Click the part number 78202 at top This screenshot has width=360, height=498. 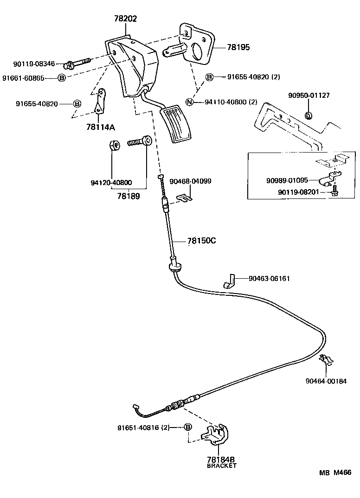pos(126,19)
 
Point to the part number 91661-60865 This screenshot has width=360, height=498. pos(29,78)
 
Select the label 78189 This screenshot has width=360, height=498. pos(129,196)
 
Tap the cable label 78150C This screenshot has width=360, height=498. pos(202,241)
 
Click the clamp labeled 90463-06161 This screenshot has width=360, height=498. pos(229,281)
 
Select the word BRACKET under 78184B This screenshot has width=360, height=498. pos(221,466)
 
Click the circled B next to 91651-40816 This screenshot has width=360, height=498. pos(188,428)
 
